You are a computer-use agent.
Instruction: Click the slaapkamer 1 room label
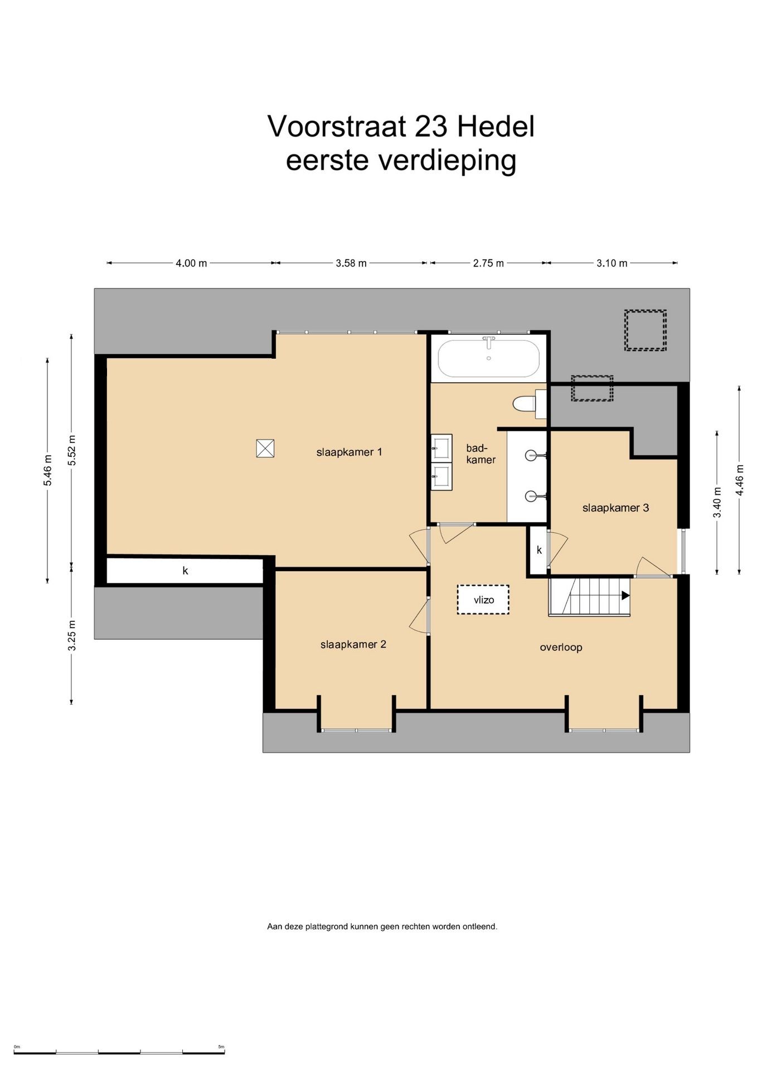349,452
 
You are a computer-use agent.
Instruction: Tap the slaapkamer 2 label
353,644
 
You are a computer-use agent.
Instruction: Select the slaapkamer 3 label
615,508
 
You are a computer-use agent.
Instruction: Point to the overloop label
561,647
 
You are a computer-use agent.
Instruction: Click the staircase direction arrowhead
625,596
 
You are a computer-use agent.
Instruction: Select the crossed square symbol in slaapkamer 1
265,448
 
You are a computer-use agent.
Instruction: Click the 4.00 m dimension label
191,263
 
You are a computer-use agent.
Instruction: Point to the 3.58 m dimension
351,263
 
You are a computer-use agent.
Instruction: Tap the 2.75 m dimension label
488,263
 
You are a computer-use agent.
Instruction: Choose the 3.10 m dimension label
612,263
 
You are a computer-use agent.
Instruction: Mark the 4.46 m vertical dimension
739,480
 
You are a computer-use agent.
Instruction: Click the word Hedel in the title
496,127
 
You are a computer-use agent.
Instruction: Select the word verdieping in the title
448,162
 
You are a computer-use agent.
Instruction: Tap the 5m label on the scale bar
221,1046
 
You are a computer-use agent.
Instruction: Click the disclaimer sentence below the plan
382,927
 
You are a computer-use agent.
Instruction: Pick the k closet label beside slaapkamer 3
539,550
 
